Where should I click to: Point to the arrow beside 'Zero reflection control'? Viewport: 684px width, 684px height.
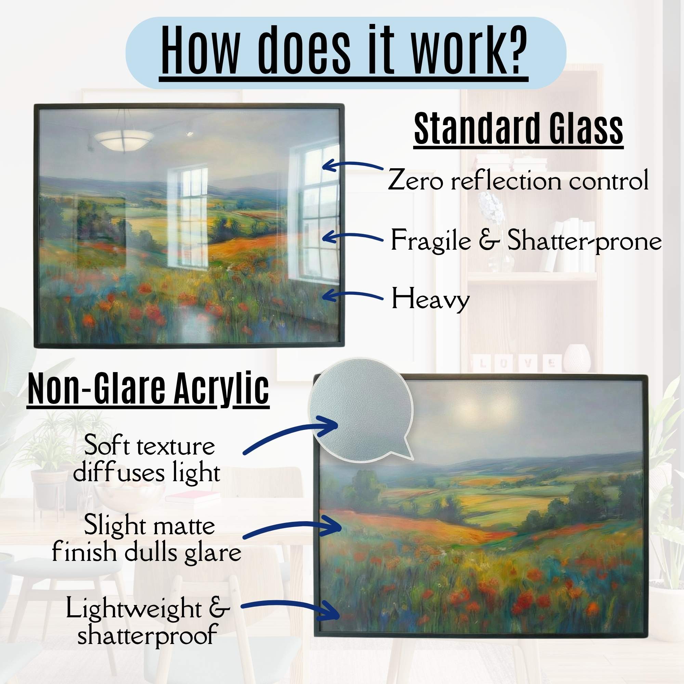[353, 166]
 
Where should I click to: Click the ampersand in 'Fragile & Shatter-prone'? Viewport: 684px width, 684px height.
[489, 240]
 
